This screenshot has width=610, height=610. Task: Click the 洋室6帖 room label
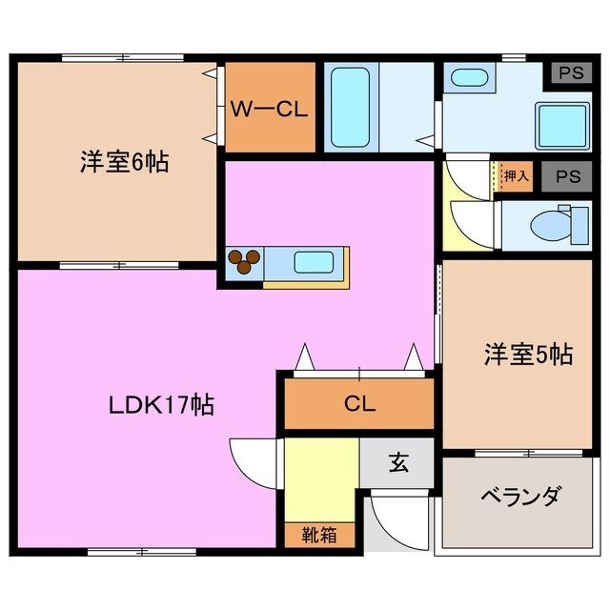click(124, 163)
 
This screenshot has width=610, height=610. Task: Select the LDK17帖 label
click(159, 405)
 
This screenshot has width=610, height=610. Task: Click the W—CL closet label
click(268, 109)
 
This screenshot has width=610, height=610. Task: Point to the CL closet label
click(359, 403)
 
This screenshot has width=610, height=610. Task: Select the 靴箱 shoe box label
click(320, 536)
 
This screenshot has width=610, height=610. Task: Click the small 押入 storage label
click(516, 177)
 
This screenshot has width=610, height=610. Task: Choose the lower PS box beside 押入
click(569, 177)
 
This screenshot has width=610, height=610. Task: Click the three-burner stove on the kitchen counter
click(244, 261)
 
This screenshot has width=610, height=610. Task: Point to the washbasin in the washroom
click(468, 80)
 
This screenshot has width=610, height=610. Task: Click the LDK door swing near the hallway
click(254, 462)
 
